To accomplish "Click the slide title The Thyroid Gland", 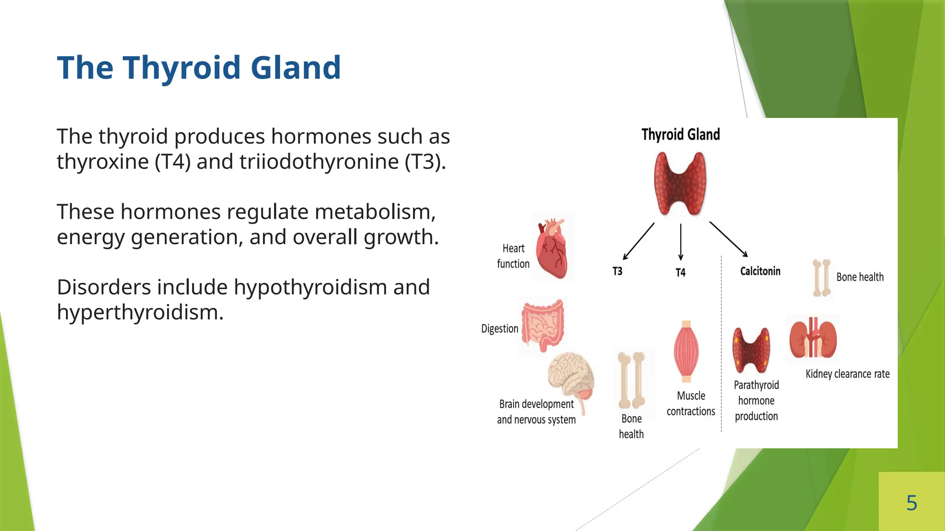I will click(x=199, y=68).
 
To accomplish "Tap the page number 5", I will click(x=911, y=502).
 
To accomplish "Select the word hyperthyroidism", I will click(x=140, y=313).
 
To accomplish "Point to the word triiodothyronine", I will click(x=319, y=162).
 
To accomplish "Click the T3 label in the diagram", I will click(x=617, y=271).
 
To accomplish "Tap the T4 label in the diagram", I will click(x=680, y=272).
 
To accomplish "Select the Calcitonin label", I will click(x=760, y=271).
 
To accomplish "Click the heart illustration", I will click(x=552, y=248).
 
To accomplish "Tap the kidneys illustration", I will click(x=813, y=339).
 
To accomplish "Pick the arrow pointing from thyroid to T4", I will click(x=681, y=242).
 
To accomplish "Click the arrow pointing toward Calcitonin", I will click(x=728, y=239).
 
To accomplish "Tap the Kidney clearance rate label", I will click(x=847, y=374).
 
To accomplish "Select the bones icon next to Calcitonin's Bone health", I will click(x=821, y=278).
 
